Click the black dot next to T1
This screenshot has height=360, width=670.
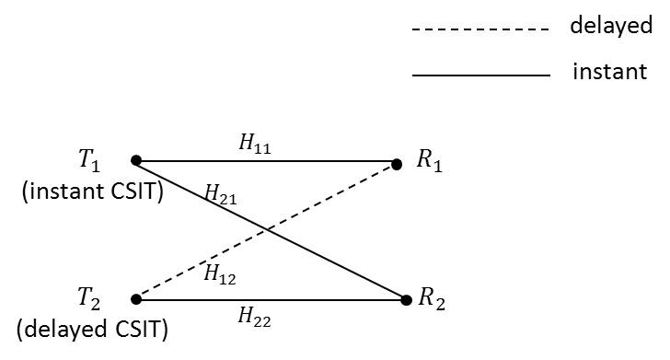tap(135, 160)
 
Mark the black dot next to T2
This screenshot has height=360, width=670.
tap(135, 298)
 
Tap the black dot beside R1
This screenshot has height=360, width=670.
tap(397, 165)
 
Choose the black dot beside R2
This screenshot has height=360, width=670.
tap(406, 299)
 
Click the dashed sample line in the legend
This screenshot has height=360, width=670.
tap(479, 29)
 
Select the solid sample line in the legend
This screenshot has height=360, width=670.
tap(479, 75)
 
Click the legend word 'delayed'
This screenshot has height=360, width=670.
tap(611, 26)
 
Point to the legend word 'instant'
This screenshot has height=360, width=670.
tap(609, 71)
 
